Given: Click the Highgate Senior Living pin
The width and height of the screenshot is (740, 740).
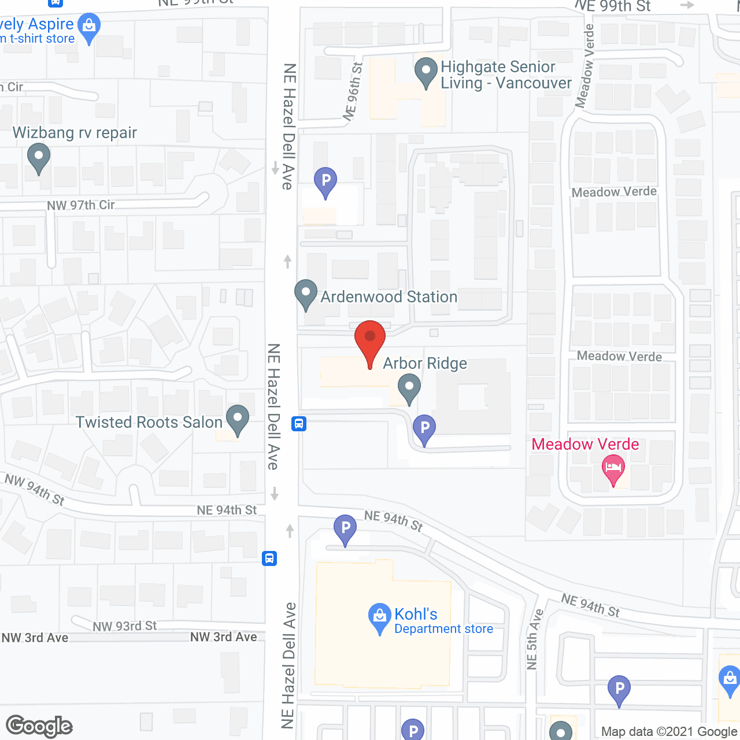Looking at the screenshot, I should [426, 72].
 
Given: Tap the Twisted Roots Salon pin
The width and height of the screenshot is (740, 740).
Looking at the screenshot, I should [237, 418].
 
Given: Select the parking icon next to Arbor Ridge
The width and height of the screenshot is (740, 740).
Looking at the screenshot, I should [424, 428].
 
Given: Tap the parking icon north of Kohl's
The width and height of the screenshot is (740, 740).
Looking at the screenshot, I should [345, 528].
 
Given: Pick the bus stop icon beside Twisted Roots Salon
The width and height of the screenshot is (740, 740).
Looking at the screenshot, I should [299, 424].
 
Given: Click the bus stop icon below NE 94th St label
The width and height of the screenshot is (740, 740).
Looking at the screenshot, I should [269, 558].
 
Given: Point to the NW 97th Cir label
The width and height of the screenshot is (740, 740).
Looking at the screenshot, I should [81, 205].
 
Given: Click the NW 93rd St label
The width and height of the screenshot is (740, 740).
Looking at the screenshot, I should [125, 626].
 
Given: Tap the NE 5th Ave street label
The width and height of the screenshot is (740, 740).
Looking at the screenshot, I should [534, 639].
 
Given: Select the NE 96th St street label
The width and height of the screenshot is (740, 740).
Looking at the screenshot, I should [353, 91].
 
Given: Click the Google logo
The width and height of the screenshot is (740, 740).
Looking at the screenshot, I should [39, 726].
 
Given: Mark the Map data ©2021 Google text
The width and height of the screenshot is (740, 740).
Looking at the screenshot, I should [669, 732].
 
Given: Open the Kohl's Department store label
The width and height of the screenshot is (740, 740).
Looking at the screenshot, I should [443, 621].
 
